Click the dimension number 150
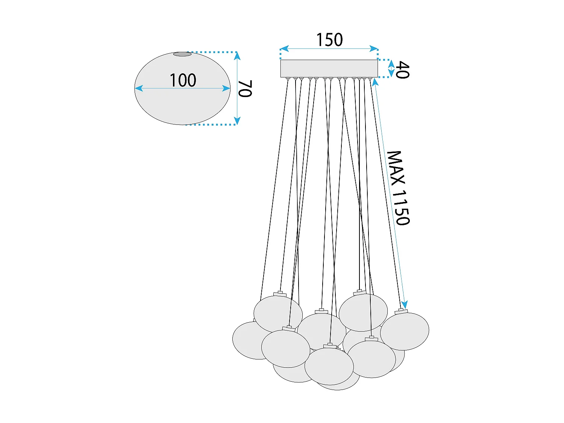click(x=329, y=40)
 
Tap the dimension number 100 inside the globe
click(x=183, y=80)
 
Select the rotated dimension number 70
click(x=245, y=89)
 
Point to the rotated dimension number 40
click(x=403, y=70)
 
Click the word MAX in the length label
click(x=396, y=168)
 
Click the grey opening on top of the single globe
click(x=182, y=54)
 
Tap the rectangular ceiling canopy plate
click(x=329, y=68)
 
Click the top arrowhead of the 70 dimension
click(x=237, y=56)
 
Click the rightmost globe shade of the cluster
click(x=405, y=331)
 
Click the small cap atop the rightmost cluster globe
click(x=401, y=311)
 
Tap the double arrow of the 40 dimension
click(x=391, y=68)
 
